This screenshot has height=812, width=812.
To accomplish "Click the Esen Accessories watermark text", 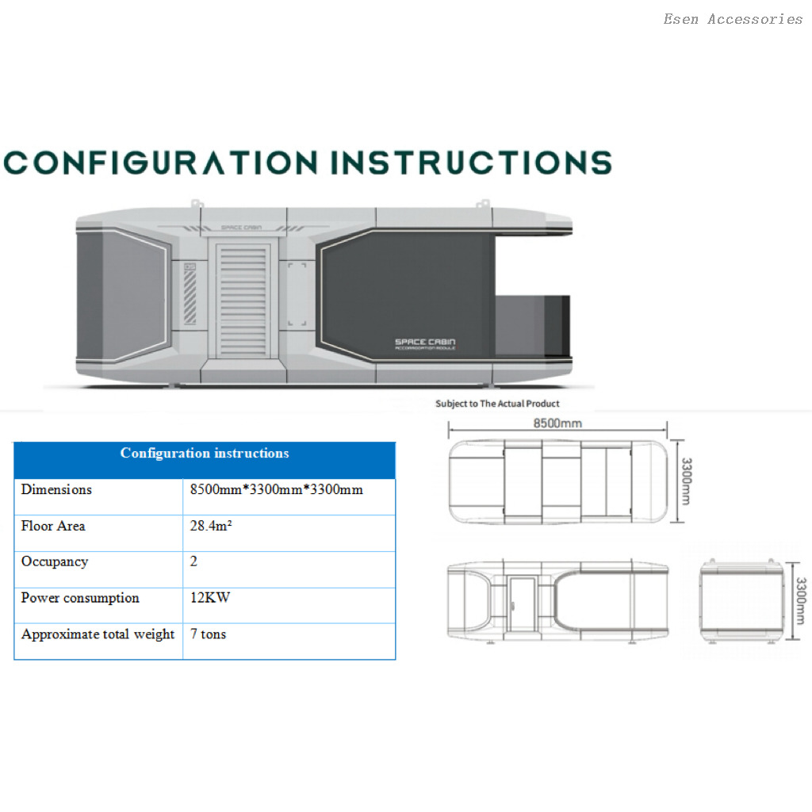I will (x=733, y=19).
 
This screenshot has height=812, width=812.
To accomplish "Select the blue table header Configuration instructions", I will (x=205, y=454).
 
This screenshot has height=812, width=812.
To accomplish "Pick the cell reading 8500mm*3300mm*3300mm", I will (x=277, y=490).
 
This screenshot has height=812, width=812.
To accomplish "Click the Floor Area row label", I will (x=53, y=527).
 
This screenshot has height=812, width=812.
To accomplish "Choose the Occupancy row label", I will (x=55, y=562).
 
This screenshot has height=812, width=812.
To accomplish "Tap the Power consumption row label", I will (x=80, y=599).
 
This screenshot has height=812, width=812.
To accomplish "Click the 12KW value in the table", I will (x=210, y=599).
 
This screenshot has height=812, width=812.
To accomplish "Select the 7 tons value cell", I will (x=209, y=634).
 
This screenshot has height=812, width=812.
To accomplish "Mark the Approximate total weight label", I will (x=98, y=634).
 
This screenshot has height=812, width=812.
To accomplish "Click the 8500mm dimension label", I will (x=557, y=423).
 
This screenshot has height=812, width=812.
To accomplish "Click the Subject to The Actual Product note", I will (x=497, y=404).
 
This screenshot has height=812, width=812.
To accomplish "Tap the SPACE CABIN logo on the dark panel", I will (x=425, y=343).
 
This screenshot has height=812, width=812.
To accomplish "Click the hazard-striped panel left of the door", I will (x=190, y=293).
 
